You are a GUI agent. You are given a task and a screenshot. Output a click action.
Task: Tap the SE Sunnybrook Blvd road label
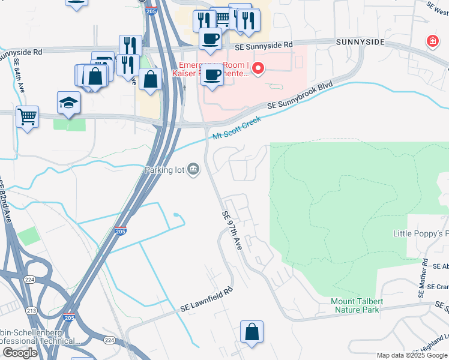[x=300, y=96]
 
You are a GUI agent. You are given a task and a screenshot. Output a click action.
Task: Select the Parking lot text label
[x=164, y=170]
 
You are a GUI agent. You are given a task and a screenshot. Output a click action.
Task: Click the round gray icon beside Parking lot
[x=193, y=169]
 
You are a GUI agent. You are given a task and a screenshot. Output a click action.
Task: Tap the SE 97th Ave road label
[x=232, y=230]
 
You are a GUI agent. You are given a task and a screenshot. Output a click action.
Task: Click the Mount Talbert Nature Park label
[x=355, y=305]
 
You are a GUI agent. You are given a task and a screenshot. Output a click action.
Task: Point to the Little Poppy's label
[x=421, y=233]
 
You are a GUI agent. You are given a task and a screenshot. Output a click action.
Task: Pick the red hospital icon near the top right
[x=432, y=41]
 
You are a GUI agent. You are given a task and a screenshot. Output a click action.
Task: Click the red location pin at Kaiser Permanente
[x=259, y=68]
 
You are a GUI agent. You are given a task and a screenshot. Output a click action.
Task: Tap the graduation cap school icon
[x=68, y=102]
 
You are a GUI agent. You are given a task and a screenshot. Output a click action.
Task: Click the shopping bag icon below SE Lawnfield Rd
[x=252, y=332]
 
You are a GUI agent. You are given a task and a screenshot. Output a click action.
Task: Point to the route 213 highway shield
[x=31, y=311]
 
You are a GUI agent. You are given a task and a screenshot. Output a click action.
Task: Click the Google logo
[x=20, y=353]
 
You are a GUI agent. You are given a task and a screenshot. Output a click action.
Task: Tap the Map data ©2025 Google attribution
[x=412, y=355]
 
